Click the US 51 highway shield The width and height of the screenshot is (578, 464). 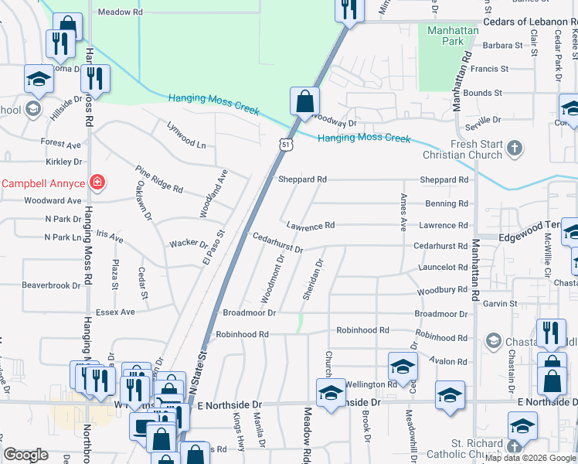tap(286, 145)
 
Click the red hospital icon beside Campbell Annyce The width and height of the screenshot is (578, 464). tap(97, 183)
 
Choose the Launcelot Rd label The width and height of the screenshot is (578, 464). tap(441, 267)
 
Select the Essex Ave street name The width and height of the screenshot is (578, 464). tap(114, 312)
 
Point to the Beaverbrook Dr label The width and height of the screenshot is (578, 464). tap(51, 285)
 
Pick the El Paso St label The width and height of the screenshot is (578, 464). tap(212, 247)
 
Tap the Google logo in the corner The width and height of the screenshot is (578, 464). tap(26, 455)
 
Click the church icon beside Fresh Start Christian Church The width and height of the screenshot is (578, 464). tap(515, 147)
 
